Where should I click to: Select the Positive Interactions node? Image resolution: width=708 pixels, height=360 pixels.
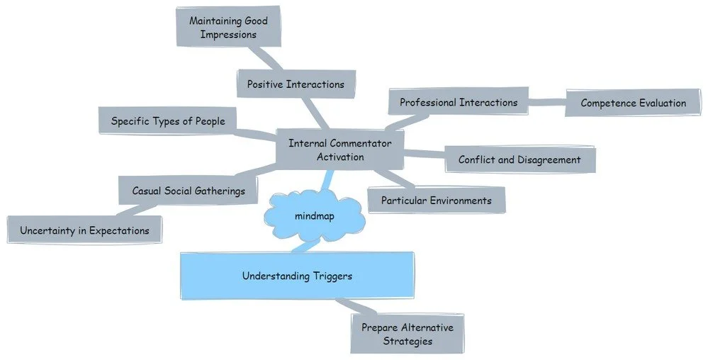pos(296,84)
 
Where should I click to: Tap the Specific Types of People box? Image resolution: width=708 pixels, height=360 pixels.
pos(168,121)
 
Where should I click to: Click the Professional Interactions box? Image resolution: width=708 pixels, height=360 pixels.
pos(459,103)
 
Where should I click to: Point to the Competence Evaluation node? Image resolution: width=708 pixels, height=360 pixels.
pos(633,103)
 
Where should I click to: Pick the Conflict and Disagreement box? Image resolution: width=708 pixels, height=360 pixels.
pos(519,159)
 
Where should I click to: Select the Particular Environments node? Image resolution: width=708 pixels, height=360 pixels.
pos(436,201)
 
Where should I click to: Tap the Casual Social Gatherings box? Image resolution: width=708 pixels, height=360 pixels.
pos(189,191)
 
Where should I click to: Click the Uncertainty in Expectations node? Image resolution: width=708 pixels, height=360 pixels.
pos(84,230)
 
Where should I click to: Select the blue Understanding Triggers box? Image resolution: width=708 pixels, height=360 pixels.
pos(297,276)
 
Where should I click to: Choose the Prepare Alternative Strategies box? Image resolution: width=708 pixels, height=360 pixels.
pos(407,333)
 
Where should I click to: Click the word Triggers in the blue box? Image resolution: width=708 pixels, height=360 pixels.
pos(332,276)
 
